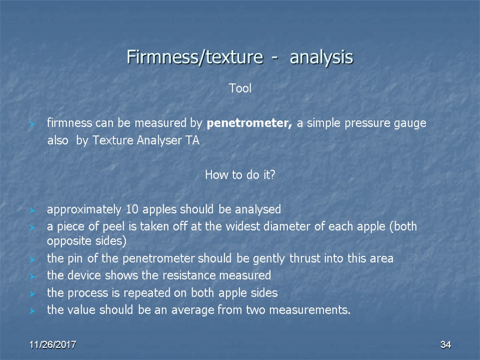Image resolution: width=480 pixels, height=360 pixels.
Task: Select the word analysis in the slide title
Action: pyautogui.click(x=321, y=58)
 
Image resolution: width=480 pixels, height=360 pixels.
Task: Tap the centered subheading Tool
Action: pyautogui.click(x=240, y=88)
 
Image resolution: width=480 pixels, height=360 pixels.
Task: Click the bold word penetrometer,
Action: pyautogui.click(x=249, y=124)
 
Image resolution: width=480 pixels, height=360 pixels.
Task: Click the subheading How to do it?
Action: pyautogui.click(x=240, y=175)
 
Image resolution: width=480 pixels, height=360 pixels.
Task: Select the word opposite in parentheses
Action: pyautogui.click(x=66, y=241)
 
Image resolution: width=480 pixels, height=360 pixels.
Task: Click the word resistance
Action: pyautogui.click(x=180, y=276)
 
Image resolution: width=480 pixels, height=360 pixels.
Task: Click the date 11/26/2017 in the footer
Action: pyautogui.click(x=53, y=345)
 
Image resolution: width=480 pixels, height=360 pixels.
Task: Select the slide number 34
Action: pyautogui.click(x=445, y=345)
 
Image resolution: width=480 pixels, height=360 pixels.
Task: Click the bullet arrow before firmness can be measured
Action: pyautogui.click(x=32, y=124)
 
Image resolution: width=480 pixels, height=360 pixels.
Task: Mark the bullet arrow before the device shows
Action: pyautogui.click(x=32, y=276)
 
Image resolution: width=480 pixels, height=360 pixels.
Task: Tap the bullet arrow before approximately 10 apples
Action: pyautogui.click(x=32, y=210)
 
